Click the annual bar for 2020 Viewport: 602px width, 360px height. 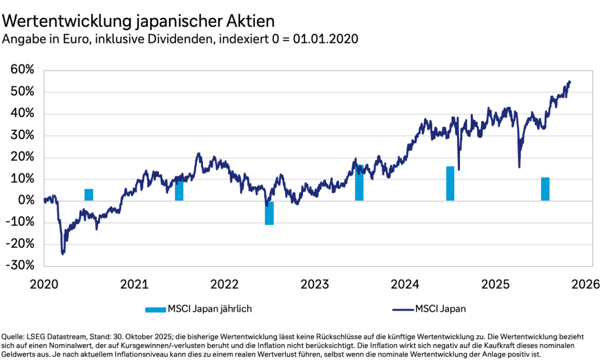pos(89,195)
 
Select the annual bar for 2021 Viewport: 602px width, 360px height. pos(179,190)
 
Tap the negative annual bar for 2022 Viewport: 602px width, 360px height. pos(269,213)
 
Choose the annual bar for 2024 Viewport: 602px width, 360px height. pos(450,183)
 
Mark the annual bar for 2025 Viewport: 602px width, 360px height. pos(545,189)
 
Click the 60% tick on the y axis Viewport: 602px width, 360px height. pos(23,70)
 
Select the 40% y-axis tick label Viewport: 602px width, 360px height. pos(23,114)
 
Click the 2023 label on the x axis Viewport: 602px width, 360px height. pos(314,284)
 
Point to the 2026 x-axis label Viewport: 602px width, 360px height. pos(585,284)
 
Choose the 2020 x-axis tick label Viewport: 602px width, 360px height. pos(44,284)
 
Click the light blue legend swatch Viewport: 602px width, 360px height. pos(156,309)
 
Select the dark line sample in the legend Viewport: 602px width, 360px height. pos(402,309)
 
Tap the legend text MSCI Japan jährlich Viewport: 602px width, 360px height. pos(210,309)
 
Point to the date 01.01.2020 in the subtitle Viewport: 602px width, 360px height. pos(326,39)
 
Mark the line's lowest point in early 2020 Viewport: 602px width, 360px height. pos(63,254)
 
